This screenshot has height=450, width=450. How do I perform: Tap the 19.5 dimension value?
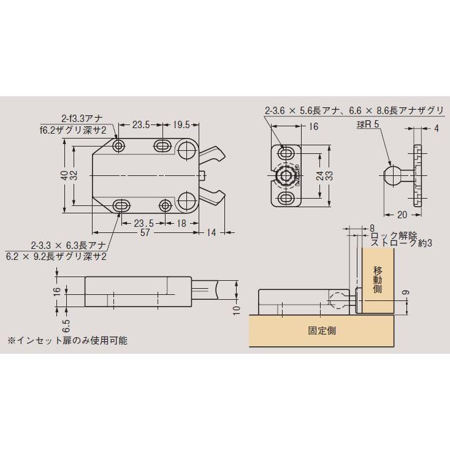182,124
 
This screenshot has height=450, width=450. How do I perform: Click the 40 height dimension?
64,175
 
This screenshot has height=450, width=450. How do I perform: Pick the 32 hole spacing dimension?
74,175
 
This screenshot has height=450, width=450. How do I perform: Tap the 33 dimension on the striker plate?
329,175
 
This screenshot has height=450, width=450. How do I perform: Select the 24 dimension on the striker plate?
319,175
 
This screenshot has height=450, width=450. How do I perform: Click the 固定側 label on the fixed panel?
321,330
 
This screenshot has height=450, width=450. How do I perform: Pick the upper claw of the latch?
212,154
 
